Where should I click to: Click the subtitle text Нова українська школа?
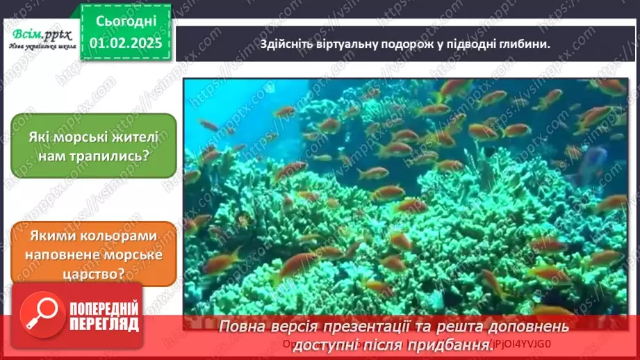pyautogui.click(x=41, y=47)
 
